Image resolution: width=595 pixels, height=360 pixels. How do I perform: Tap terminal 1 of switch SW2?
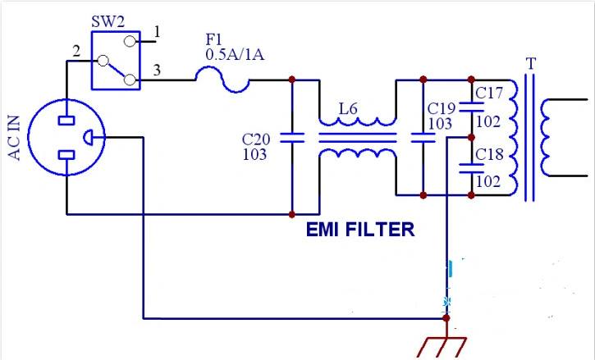(138, 39)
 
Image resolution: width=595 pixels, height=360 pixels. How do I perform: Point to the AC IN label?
(14, 138)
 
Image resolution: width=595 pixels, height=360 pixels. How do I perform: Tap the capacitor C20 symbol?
(292, 136)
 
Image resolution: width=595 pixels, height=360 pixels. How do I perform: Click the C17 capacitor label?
(488, 93)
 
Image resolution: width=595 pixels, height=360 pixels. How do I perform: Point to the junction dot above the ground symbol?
(446, 317)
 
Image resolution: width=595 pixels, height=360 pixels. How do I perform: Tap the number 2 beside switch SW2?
(76, 51)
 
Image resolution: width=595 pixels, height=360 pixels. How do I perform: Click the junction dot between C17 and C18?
(471, 136)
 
